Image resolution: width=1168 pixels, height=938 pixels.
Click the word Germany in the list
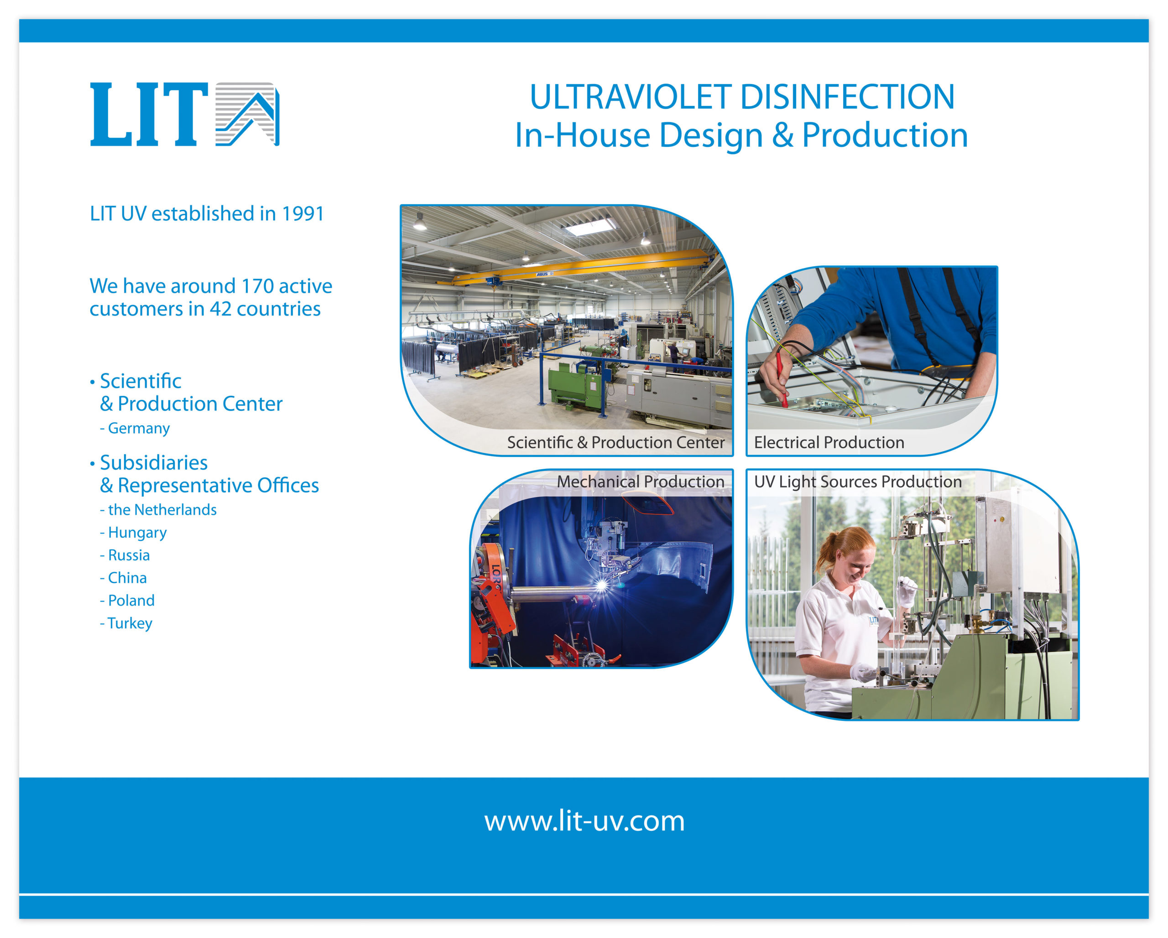tap(139, 428)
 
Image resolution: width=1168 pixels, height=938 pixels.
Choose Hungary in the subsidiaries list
tap(137, 533)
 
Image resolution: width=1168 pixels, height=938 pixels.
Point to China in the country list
tap(127, 578)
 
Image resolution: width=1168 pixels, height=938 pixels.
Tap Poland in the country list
tap(131, 601)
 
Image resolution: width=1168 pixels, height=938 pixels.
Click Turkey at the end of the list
tap(130, 623)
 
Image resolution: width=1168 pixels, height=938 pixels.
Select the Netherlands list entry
tap(162, 510)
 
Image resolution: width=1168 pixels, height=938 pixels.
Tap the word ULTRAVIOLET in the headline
tap(631, 97)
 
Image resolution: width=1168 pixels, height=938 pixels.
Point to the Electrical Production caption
tap(829, 442)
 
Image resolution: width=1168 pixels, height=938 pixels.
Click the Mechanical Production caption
tap(640, 482)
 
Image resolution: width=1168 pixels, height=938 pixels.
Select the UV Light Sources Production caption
tap(858, 482)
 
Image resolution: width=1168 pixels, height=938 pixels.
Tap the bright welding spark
tap(602, 585)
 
